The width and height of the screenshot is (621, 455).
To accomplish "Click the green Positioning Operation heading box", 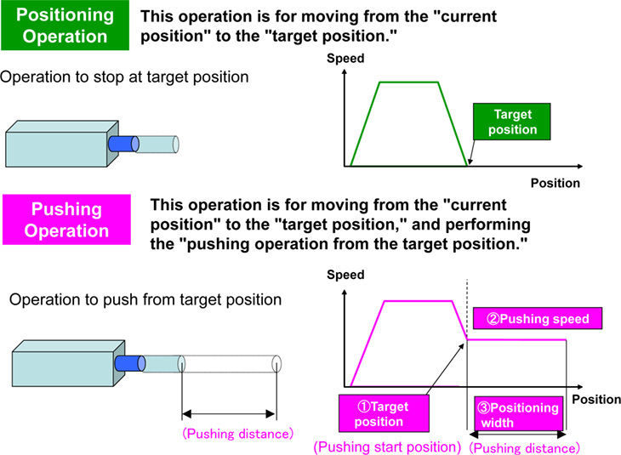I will (x=66, y=26).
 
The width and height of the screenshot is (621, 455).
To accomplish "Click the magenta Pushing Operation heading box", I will (x=66, y=219).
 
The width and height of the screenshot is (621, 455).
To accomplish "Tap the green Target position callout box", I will (x=513, y=121).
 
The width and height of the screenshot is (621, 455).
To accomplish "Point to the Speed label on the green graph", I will (x=345, y=59).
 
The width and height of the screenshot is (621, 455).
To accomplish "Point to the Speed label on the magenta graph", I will (x=345, y=275).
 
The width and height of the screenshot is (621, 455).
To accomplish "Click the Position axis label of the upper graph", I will (x=555, y=183).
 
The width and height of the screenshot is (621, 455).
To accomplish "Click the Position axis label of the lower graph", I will (x=595, y=398).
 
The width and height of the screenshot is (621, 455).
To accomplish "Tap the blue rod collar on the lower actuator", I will (x=131, y=363).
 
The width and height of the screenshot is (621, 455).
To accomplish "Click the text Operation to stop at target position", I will (x=125, y=77).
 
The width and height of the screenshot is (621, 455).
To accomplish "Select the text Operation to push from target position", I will (x=145, y=300).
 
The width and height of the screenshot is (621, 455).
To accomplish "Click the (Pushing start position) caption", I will (x=387, y=446).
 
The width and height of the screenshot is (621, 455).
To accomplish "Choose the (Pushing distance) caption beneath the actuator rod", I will (x=237, y=433).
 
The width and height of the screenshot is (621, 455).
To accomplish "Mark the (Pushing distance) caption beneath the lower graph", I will (x=525, y=447).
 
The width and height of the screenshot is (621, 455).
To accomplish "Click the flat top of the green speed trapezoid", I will (x=408, y=82).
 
